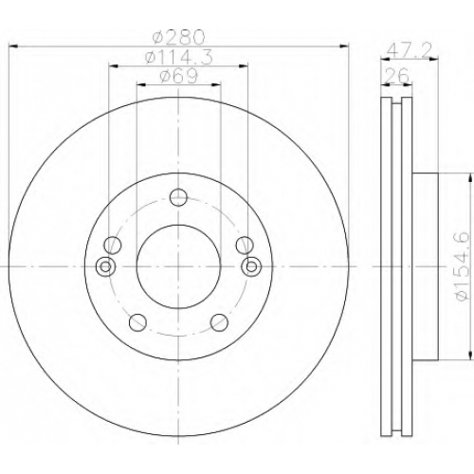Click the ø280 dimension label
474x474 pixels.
tap(178, 37)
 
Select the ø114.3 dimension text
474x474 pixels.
tap(178, 58)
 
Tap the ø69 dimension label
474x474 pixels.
tap(179, 76)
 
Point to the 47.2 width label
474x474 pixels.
tap(409, 49)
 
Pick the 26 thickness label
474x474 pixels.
tap(397, 75)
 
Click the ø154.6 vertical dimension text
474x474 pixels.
tap(462, 266)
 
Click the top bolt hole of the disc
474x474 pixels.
tap(178, 197)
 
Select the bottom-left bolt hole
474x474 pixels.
tap(137, 322)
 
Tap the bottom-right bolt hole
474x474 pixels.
tap(219, 322)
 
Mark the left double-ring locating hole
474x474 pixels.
tap(105, 266)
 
